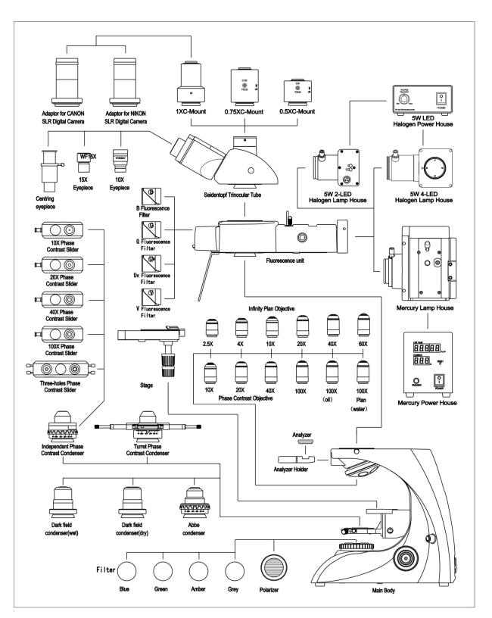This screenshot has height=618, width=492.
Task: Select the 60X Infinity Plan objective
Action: (x=363, y=329)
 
